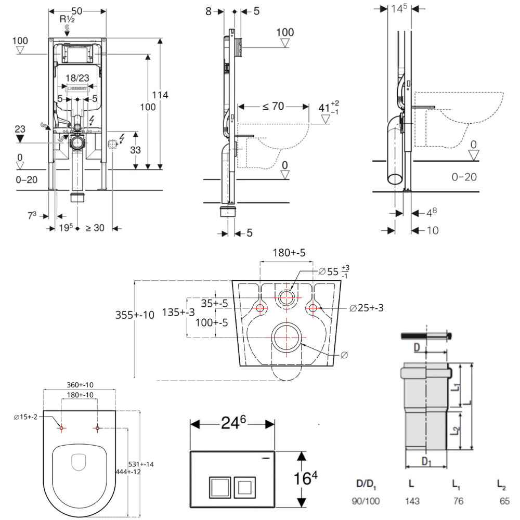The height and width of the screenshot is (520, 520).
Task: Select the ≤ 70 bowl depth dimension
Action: point(273,107)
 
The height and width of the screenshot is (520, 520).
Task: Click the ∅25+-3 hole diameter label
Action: point(367,308)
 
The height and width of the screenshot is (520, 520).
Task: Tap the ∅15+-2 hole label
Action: point(25,418)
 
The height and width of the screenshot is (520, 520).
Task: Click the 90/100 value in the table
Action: point(367,501)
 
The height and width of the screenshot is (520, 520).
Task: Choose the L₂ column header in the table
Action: point(501,485)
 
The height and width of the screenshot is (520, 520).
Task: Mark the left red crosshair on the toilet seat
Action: point(61,428)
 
